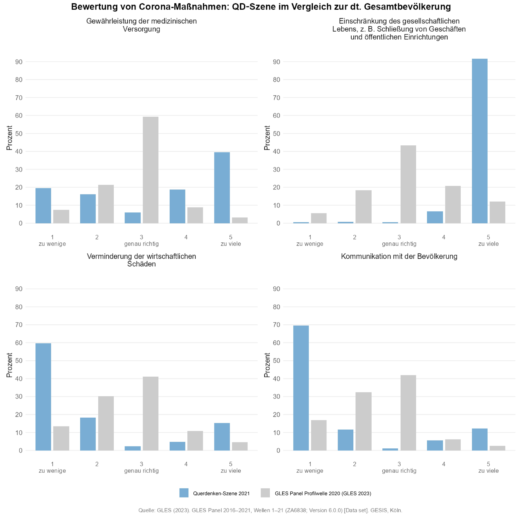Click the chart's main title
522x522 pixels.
261,7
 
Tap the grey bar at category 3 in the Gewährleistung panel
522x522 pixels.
151,170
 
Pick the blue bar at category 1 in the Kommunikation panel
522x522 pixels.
301,388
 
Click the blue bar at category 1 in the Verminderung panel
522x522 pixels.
43,397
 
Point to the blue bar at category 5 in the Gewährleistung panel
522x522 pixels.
222,188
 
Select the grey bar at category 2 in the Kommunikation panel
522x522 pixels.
363,422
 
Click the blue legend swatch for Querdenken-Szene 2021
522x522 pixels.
184,493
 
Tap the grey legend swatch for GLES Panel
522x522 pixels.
265,493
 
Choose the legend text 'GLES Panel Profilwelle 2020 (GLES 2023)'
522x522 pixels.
323,494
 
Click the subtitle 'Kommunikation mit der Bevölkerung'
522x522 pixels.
399,256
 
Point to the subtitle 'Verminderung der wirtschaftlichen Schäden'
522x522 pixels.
141,260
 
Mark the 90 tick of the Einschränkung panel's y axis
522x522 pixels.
276,62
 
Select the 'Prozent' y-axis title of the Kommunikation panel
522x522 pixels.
267,365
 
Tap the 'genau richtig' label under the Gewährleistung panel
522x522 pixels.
141,244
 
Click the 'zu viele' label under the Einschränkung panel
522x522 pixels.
488,244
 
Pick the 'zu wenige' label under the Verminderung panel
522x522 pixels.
52,471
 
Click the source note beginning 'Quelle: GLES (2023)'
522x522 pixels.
270,510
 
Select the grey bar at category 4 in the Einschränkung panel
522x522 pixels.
453,205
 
